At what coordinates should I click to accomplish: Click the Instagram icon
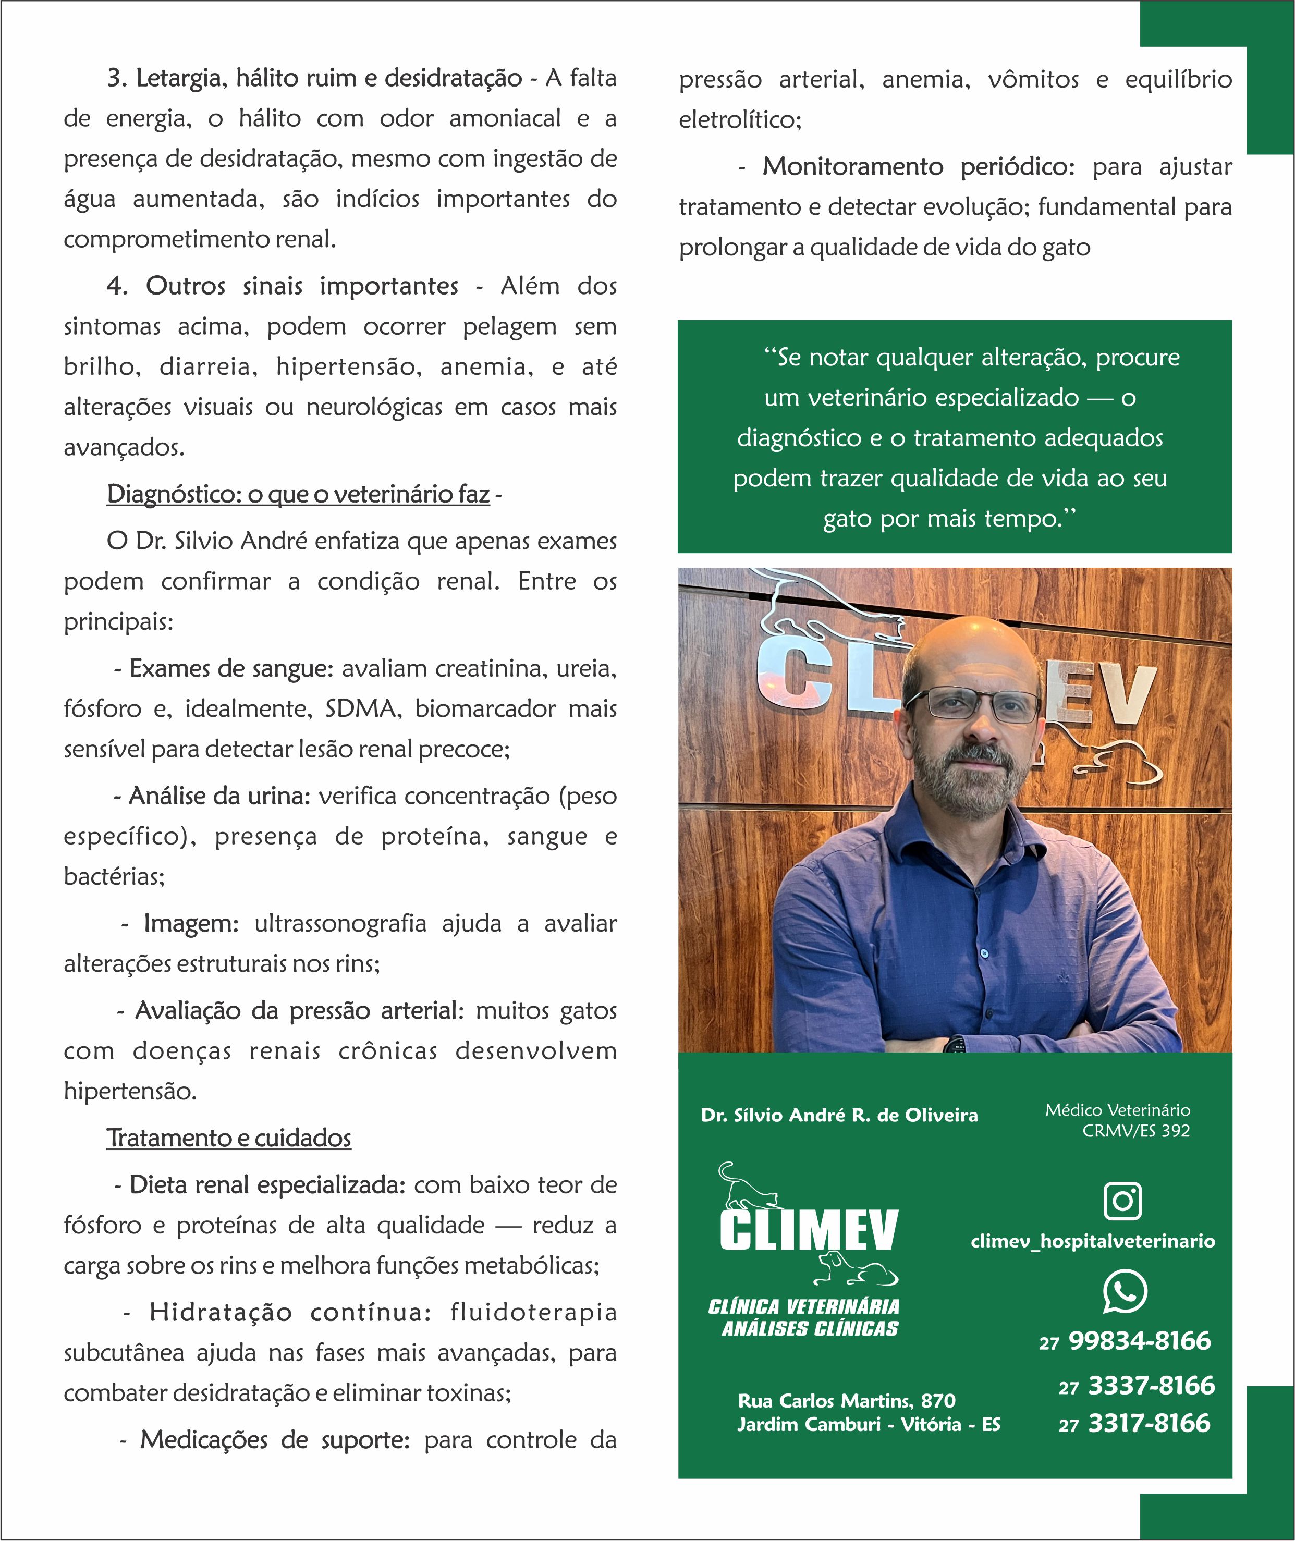point(1122,1201)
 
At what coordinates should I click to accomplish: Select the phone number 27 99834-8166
point(1125,1341)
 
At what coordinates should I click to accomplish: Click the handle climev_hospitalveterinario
point(1092,1241)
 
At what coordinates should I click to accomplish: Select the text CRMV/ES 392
point(1135,1131)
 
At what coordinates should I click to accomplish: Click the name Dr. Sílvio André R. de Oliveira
point(839,1115)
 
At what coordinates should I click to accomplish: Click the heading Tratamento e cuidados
point(229,1138)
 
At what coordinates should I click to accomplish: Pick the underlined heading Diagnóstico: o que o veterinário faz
point(298,494)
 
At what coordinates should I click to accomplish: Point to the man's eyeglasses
point(973,703)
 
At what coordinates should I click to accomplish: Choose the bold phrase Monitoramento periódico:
point(918,167)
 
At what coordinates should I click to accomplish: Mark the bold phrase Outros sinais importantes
point(302,286)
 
